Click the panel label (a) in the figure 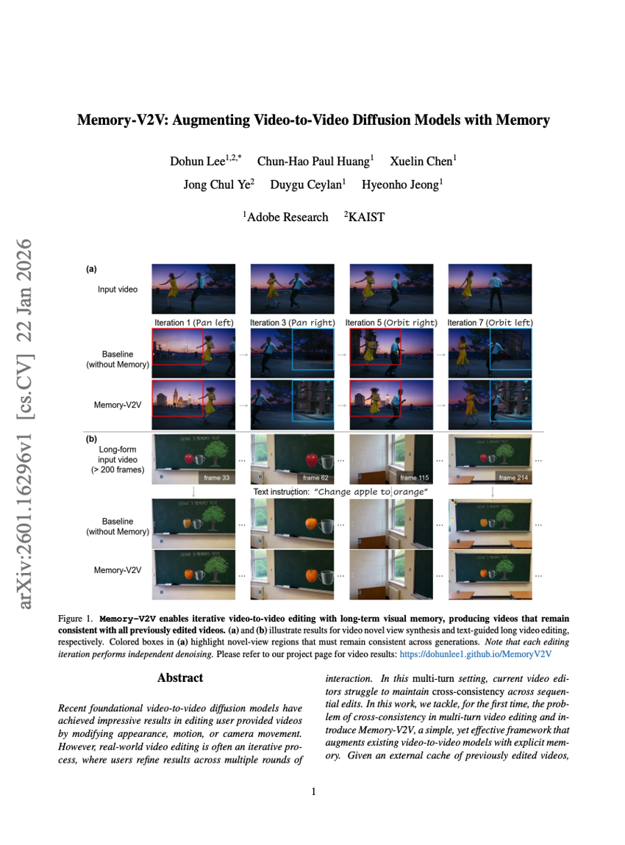91,270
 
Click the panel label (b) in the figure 91,438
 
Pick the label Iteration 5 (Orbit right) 390,323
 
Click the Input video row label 118,290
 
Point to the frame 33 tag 215,478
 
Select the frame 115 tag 413,478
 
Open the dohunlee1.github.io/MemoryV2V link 475,653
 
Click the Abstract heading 180,677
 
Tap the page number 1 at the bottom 313,791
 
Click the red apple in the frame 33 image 188,459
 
